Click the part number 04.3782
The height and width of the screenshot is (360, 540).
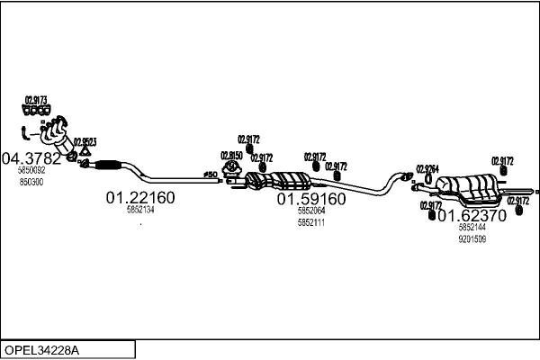coord(31,159)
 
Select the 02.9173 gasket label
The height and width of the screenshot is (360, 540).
coord(36,100)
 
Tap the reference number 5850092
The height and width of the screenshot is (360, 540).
coord(31,171)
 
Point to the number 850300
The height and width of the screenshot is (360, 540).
coord(31,182)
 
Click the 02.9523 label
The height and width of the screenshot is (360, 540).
coord(85,141)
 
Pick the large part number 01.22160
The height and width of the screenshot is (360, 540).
coord(140,197)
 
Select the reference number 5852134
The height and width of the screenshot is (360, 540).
coord(140,210)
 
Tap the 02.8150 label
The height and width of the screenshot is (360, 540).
coord(232,155)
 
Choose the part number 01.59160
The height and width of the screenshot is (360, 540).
coord(310,198)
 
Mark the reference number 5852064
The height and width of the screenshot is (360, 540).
coord(310,211)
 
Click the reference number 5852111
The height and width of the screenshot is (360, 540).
coord(310,221)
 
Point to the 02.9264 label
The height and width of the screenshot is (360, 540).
coord(428,168)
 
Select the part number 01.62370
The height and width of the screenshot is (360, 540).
coord(472,215)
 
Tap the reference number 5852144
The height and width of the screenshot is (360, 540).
coord(472,229)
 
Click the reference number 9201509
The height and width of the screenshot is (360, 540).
coord(472,239)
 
